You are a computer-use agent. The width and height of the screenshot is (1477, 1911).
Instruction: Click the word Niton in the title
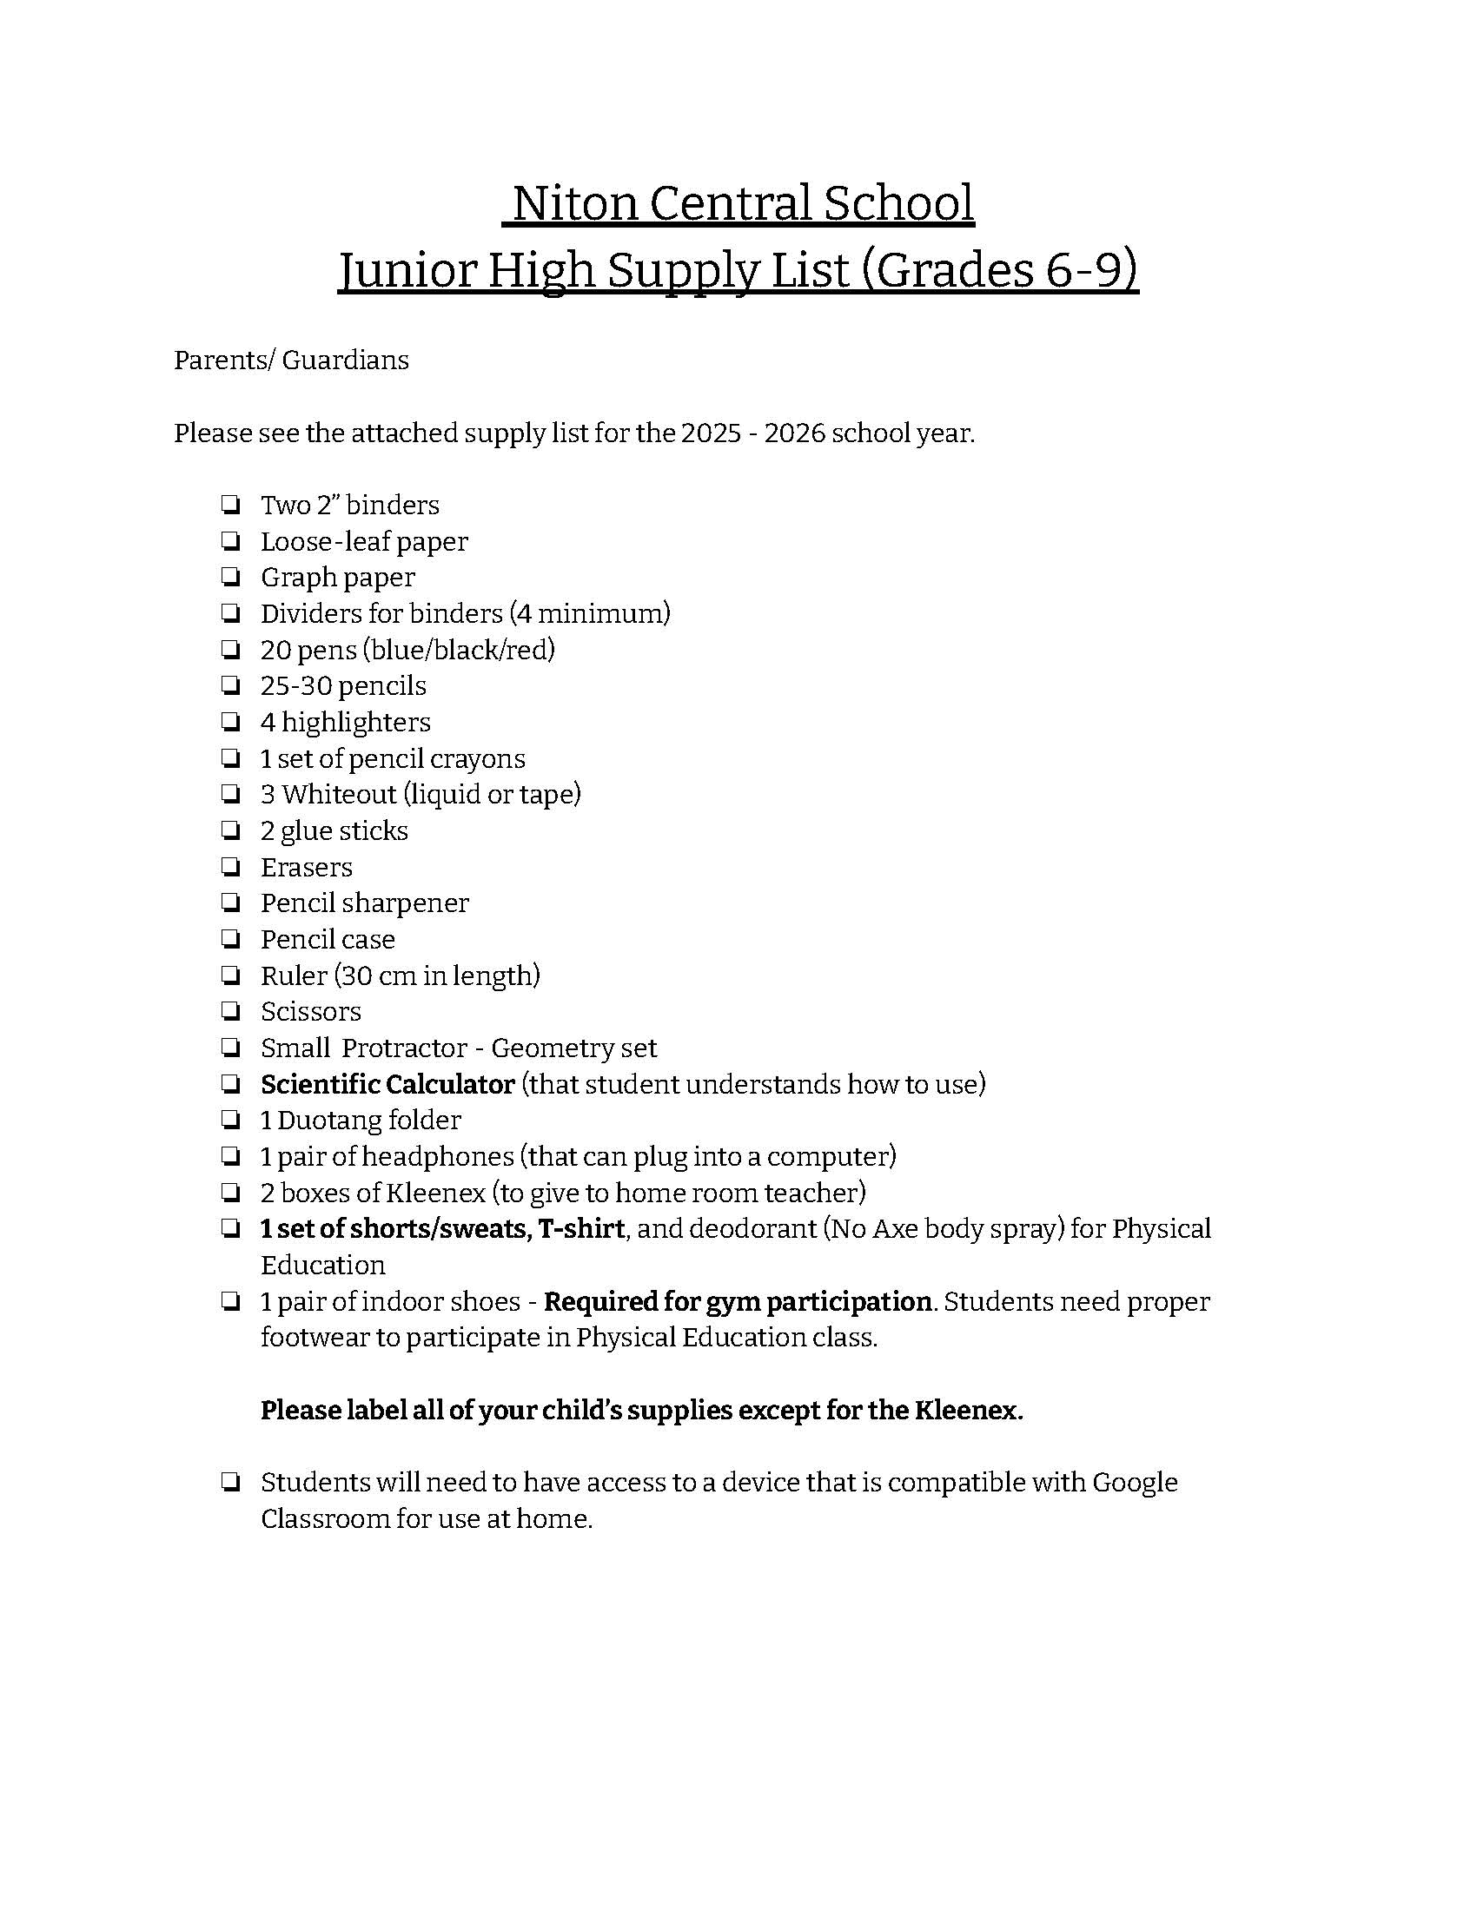pyautogui.click(x=574, y=203)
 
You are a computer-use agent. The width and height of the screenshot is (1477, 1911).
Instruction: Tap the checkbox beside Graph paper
pyautogui.click(x=230, y=578)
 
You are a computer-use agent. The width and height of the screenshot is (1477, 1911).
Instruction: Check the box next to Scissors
pyautogui.click(x=230, y=1011)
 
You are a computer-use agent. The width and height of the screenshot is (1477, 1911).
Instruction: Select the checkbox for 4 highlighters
pyautogui.click(x=230, y=722)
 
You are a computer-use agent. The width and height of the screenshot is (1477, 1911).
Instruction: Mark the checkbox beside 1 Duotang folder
pyautogui.click(x=230, y=1120)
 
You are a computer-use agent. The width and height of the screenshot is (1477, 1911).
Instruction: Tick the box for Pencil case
pyautogui.click(x=230, y=940)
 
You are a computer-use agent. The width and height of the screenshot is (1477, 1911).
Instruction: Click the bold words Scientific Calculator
pyautogui.click(x=387, y=1084)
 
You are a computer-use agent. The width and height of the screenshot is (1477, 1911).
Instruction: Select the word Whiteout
pyautogui.click(x=339, y=795)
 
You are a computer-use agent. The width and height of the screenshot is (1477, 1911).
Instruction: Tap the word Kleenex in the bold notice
pyautogui.click(x=968, y=1411)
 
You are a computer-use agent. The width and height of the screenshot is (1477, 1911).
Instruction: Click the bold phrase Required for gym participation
pyautogui.click(x=737, y=1302)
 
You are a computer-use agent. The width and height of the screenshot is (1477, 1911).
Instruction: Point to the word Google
pyautogui.click(x=1135, y=1483)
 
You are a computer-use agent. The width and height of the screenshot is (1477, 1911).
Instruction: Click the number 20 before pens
pyautogui.click(x=275, y=650)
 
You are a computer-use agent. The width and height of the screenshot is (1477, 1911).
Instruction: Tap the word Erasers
pyautogui.click(x=306, y=867)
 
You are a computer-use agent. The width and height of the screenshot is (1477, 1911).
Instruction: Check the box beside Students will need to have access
pyautogui.click(x=230, y=1483)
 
